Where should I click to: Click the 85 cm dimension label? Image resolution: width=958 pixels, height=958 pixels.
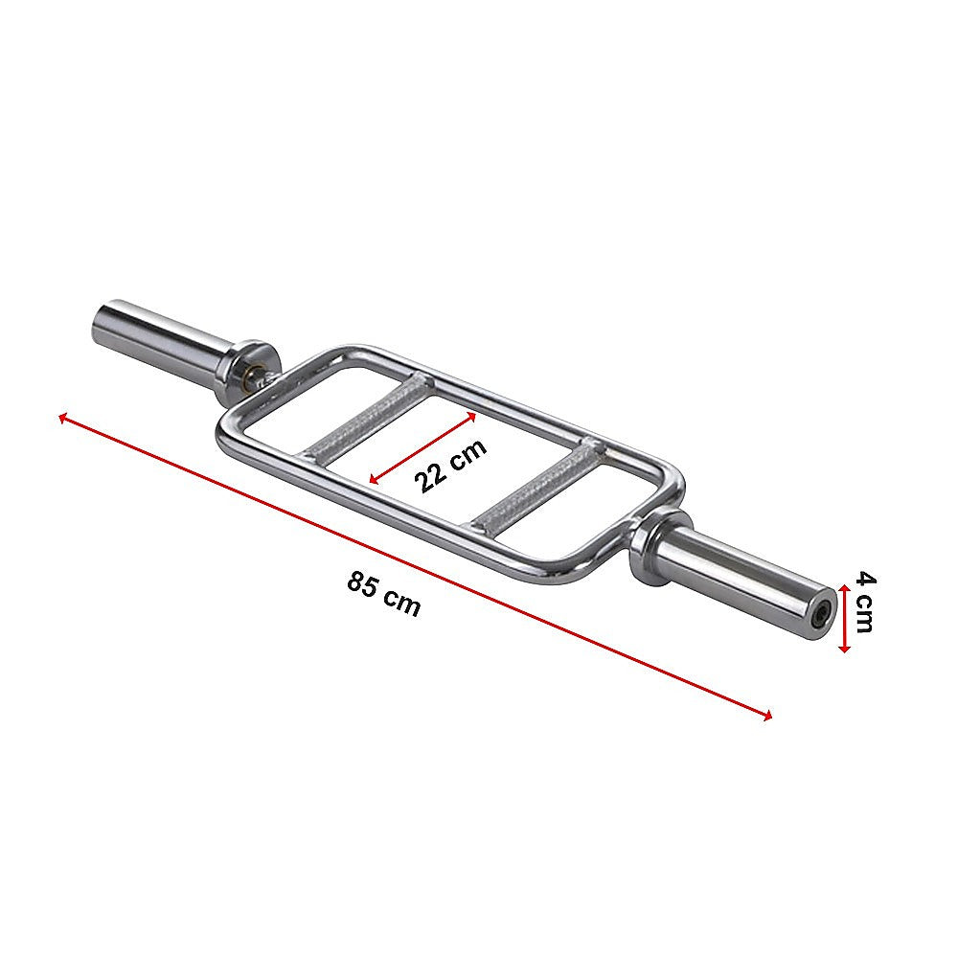pyautogui.click(x=384, y=594)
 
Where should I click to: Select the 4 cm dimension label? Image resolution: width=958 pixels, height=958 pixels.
pyautogui.click(x=864, y=602)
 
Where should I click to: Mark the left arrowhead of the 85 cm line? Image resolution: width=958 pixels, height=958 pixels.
pyautogui.click(x=62, y=417)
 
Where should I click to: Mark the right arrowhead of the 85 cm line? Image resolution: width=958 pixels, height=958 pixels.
pyautogui.click(x=768, y=715)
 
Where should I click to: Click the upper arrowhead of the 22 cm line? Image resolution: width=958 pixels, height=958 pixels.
pyautogui.click(x=472, y=417)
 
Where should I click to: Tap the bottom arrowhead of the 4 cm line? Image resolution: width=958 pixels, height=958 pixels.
pyautogui.click(x=843, y=649)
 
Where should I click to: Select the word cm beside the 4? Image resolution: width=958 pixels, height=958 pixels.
pyautogui.click(x=864, y=615)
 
